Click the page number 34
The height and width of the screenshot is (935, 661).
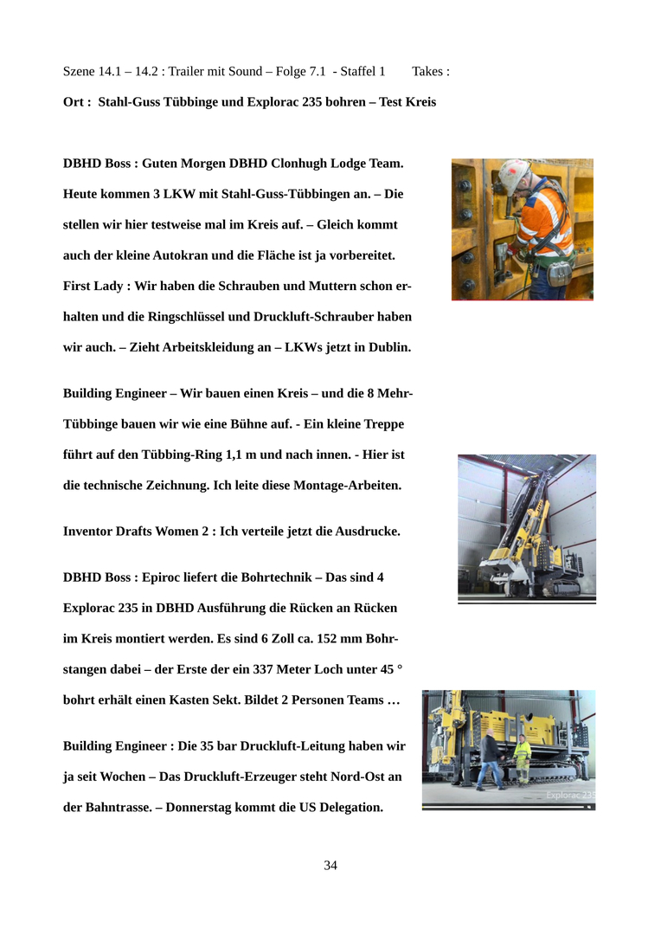pos(330,866)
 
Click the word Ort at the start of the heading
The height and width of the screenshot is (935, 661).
pos(74,102)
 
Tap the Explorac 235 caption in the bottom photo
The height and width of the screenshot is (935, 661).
pos(570,795)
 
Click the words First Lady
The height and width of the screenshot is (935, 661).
pos(94,286)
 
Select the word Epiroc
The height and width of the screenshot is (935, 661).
pos(165,577)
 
